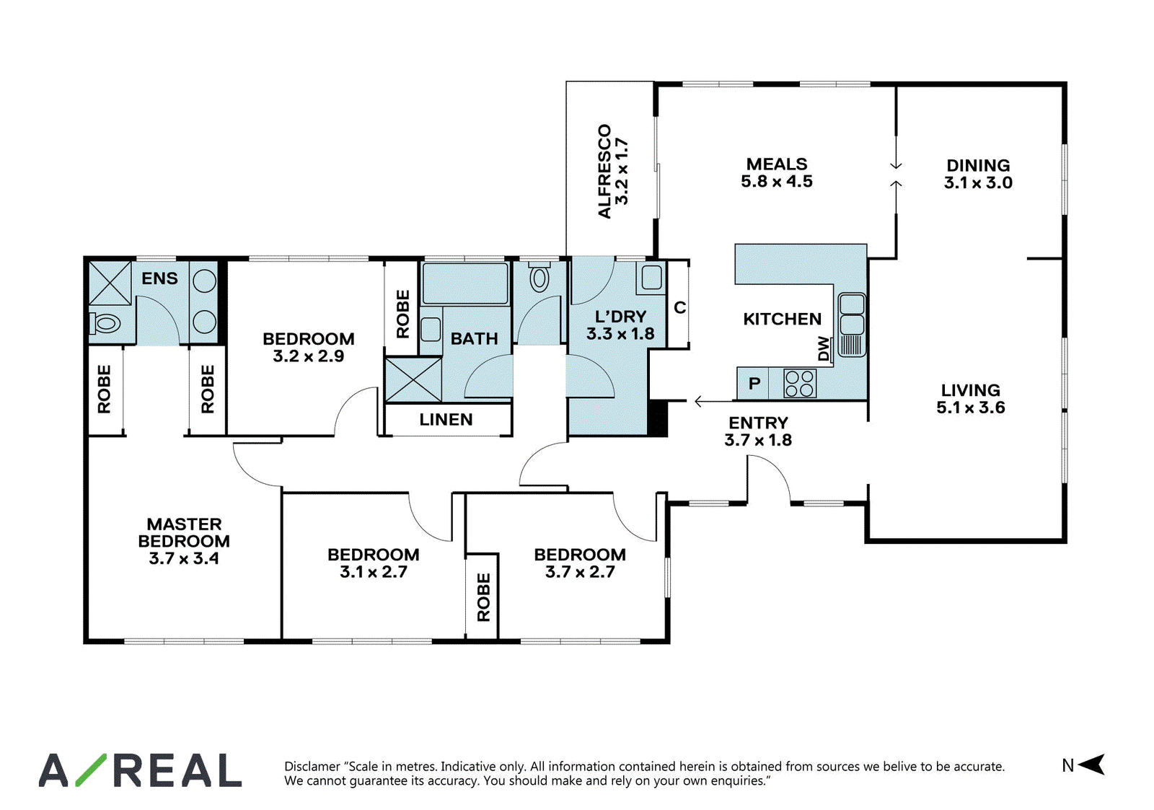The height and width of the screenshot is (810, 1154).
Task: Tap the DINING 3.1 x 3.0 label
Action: [x=978, y=174]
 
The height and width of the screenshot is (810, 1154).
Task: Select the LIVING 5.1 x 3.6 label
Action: [x=971, y=398]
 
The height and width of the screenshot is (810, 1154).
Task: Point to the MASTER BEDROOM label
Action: [x=184, y=532]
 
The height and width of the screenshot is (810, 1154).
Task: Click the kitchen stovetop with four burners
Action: [x=800, y=383]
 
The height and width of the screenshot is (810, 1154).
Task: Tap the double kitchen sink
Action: [x=852, y=325]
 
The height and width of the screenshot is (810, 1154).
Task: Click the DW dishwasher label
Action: [x=824, y=349]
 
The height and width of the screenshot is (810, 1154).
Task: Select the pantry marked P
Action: [x=754, y=383]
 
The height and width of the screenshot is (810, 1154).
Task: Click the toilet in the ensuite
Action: [x=105, y=324]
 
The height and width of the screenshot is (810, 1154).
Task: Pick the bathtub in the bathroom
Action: [x=464, y=283]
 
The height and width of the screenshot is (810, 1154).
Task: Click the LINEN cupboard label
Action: [x=446, y=420]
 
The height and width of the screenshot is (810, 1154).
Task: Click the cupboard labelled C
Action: [x=679, y=307]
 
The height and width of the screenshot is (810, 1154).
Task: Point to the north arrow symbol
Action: [x=1091, y=764]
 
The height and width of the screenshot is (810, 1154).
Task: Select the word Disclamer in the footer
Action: [x=312, y=766]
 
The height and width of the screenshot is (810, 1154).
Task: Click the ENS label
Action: [x=159, y=278]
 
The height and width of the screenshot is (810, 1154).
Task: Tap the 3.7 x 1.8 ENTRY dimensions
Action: [x=758, y=440]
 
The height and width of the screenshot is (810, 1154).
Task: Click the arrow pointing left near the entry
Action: [x=713, y=401]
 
